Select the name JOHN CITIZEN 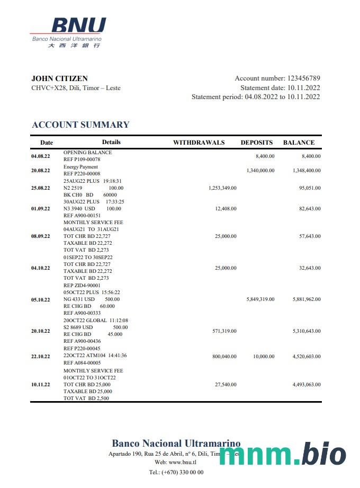59,78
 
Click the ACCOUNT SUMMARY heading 80,125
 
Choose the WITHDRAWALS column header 199,143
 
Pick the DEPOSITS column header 257,143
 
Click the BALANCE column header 299,143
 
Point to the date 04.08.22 41,156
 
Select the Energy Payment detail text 80,167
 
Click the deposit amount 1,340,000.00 260,171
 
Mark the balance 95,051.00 307,188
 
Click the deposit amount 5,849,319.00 260,299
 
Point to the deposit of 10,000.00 264,357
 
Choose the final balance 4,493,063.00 307,385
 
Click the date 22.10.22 41,357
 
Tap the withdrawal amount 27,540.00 226,385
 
